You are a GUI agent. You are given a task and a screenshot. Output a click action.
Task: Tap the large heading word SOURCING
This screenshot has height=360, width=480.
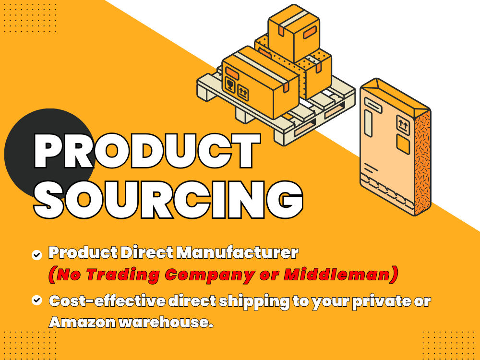168,199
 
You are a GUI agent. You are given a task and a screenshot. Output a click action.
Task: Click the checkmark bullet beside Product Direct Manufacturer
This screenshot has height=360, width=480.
37,255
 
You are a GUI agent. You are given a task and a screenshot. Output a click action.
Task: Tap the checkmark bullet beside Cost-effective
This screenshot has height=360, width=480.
37,300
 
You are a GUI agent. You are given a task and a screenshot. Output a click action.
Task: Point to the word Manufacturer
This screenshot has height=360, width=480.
237,253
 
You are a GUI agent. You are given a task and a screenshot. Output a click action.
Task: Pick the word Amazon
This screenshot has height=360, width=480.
82,323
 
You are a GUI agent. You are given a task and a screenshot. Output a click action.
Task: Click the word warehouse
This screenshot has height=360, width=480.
165,323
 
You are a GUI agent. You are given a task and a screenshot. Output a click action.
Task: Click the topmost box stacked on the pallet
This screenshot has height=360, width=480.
294,33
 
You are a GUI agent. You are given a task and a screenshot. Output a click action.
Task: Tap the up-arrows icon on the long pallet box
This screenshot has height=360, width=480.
243,92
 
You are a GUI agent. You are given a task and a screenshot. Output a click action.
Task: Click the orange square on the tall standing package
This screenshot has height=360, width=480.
403,144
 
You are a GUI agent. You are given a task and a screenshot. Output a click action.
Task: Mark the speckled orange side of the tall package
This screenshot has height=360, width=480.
423,163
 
